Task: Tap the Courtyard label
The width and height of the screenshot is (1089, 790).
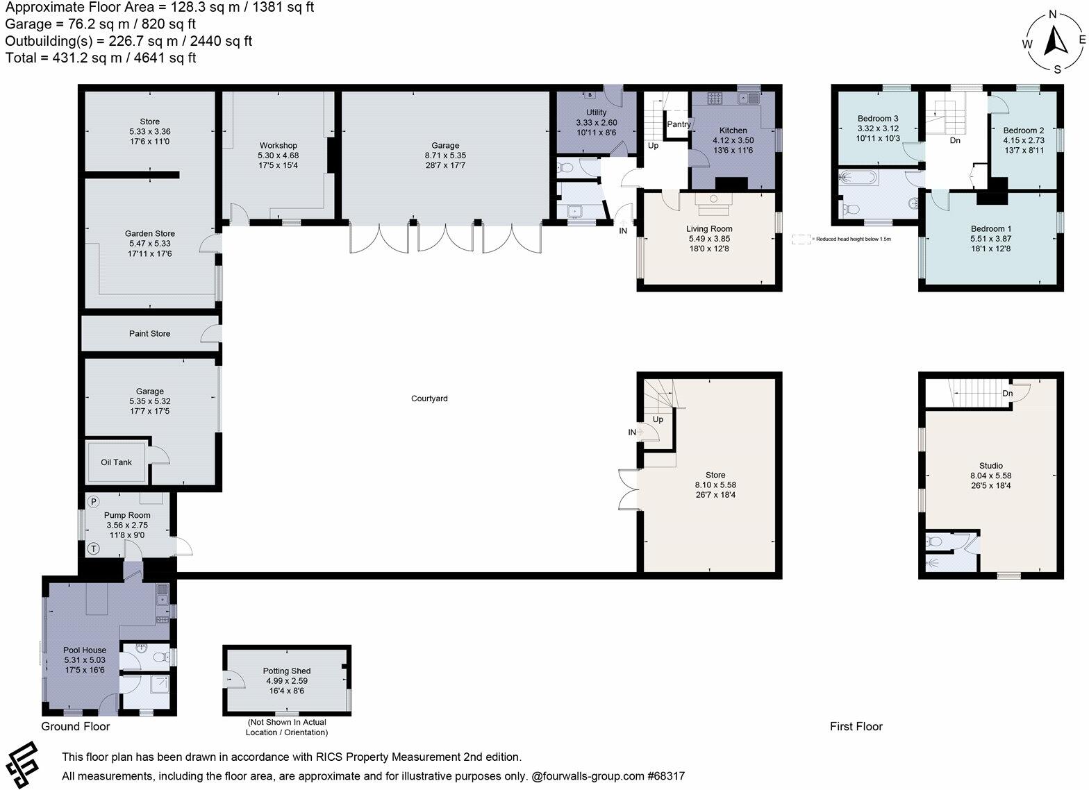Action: (x=429, y=398)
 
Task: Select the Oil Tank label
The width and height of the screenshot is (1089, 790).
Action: (x=116, y=462)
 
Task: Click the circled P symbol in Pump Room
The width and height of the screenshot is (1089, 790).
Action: (x=94, y=501)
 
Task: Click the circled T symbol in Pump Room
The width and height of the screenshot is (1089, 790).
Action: (x=94, y=549)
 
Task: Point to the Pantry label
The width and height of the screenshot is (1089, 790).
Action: (x=679, y=125)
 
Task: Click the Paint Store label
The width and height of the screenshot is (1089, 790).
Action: (x=149, y=334)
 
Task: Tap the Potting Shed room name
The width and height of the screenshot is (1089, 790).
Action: (x=286, y=671)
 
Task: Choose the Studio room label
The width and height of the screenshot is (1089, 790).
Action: (x=990, y=466)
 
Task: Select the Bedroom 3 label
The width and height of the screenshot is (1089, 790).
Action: (x=877, y=119)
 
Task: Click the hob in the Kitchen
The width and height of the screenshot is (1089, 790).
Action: (x=716, y=99)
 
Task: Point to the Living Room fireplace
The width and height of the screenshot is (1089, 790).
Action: (x=712, y=199)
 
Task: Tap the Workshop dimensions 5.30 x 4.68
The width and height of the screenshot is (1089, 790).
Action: (x=278, y=156)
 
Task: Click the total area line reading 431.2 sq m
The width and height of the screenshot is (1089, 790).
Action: (x=101, y=58)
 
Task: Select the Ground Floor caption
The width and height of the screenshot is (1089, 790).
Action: (x=75, y=727)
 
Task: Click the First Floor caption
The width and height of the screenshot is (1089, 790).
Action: (x=856, y=727)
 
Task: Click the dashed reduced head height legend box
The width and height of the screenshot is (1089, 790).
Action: (x=801, y=239)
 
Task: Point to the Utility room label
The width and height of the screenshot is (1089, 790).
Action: (x=596, y=112)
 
